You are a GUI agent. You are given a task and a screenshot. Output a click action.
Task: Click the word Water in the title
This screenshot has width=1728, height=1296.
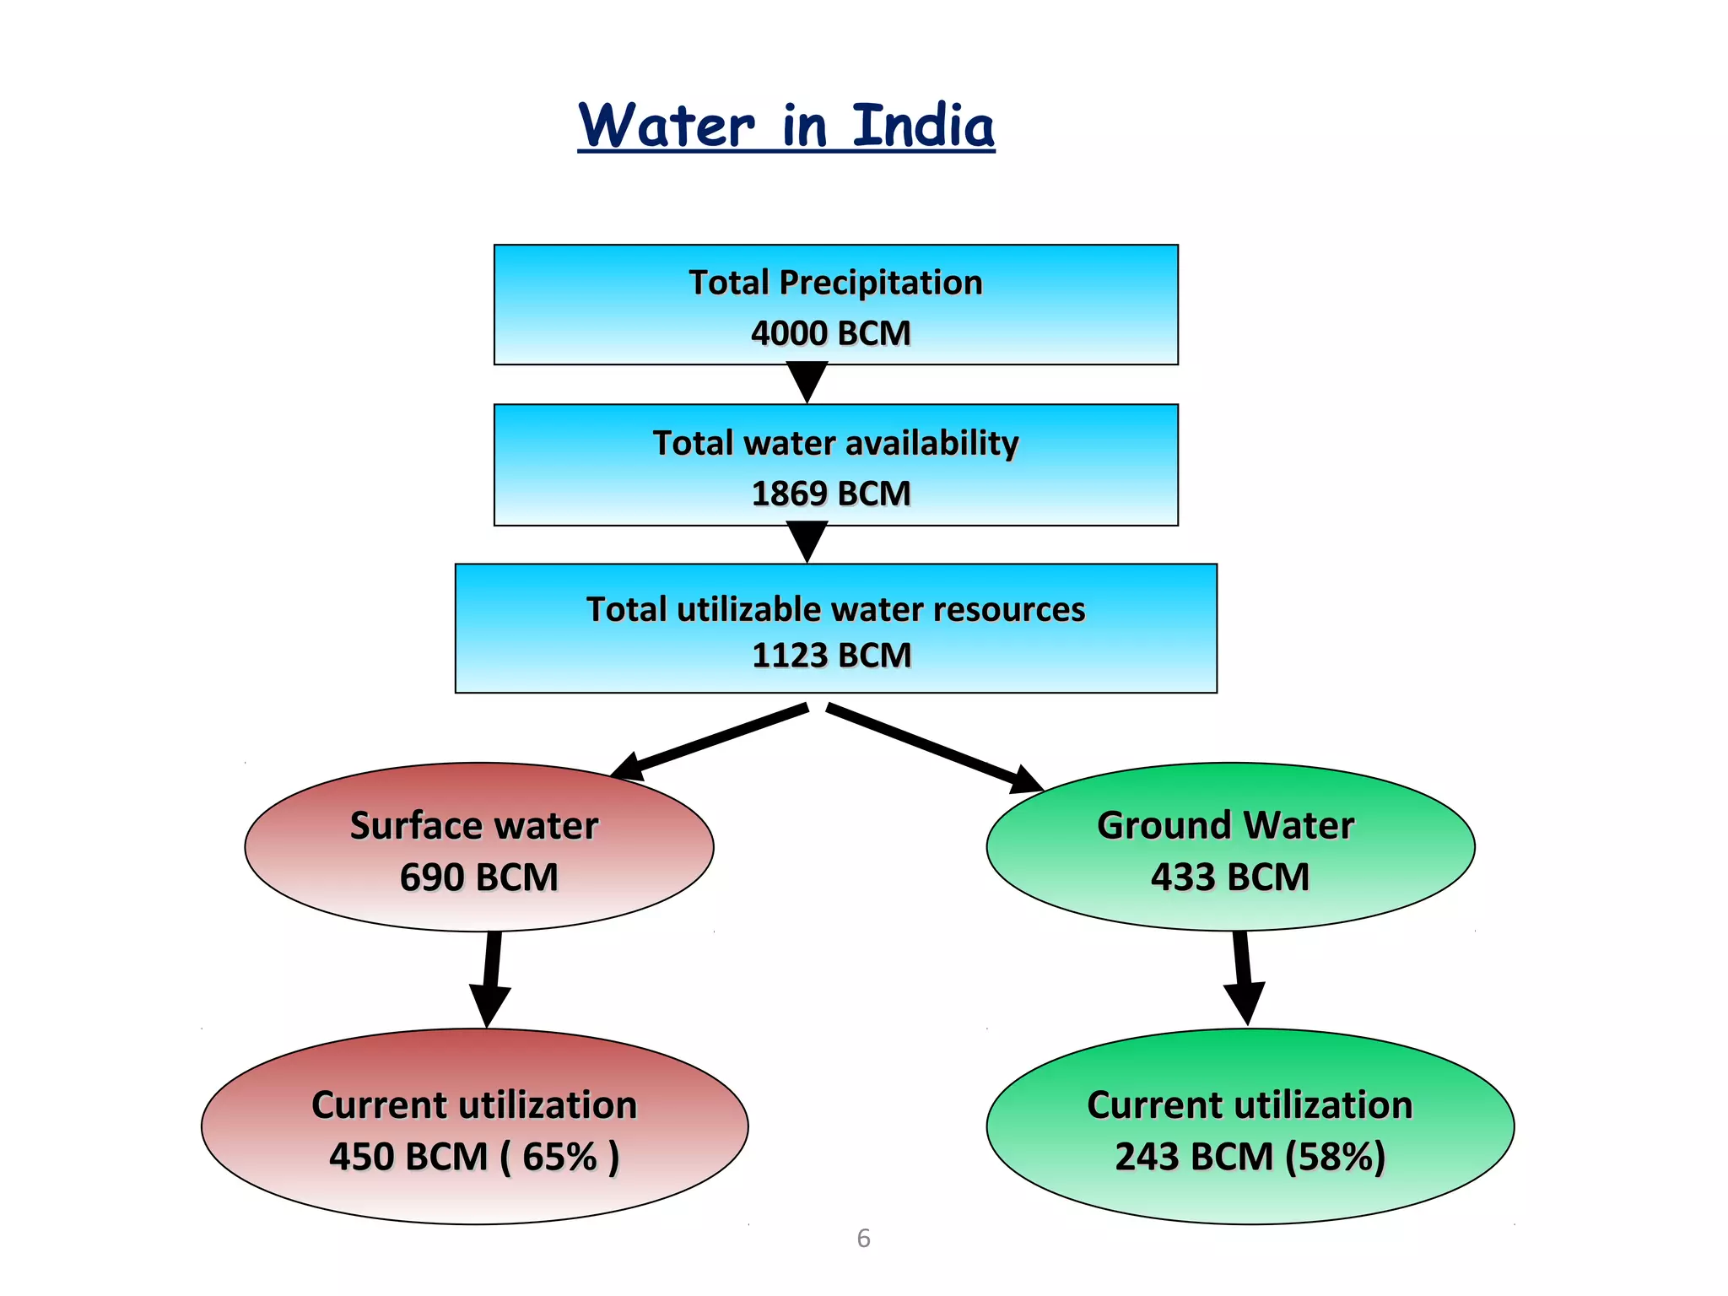[667, 127]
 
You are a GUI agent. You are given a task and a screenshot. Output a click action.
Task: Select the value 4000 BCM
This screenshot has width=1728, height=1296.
[831, 333]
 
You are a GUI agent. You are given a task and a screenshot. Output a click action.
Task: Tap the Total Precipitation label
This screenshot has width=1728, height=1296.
[835, 283]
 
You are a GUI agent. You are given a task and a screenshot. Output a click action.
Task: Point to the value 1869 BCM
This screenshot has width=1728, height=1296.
[831, 494]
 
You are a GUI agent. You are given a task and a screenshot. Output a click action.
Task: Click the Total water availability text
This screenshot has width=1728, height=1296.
[835, 443]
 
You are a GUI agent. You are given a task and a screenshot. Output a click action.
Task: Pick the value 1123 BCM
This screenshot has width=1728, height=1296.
[831, 656]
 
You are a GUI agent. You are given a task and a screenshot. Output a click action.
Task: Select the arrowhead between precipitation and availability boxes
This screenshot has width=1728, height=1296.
[807, 381]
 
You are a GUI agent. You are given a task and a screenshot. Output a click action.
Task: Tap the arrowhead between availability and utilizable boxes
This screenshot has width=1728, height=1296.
[807, 541]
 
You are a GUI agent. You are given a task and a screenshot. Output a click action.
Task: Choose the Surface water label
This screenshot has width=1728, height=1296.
[474, 825]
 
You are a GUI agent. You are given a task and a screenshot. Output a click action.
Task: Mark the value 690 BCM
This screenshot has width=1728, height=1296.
[478, 877]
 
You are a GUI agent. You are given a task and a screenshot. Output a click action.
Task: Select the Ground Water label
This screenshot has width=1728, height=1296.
[1225, 825]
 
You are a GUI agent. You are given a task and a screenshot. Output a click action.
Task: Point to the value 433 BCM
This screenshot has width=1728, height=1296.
[1229, 877]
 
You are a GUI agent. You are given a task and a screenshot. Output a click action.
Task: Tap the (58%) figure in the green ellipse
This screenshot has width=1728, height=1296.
[1335, 1157]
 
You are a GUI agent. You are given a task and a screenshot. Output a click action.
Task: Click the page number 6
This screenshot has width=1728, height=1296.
[863, 1238]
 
